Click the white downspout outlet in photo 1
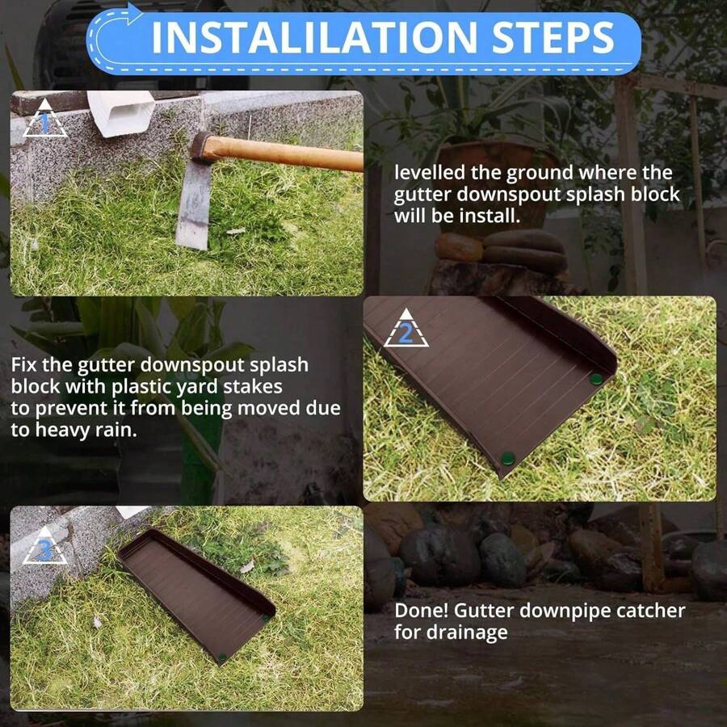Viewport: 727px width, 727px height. (121, 113)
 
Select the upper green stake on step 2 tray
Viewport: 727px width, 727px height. (596, 380)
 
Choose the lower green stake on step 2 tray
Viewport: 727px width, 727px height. (508, 459)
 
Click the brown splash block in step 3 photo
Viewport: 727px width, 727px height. (197, 597)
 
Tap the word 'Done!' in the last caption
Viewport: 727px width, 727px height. (421, 611)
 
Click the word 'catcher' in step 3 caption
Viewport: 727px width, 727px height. (651, 611)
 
